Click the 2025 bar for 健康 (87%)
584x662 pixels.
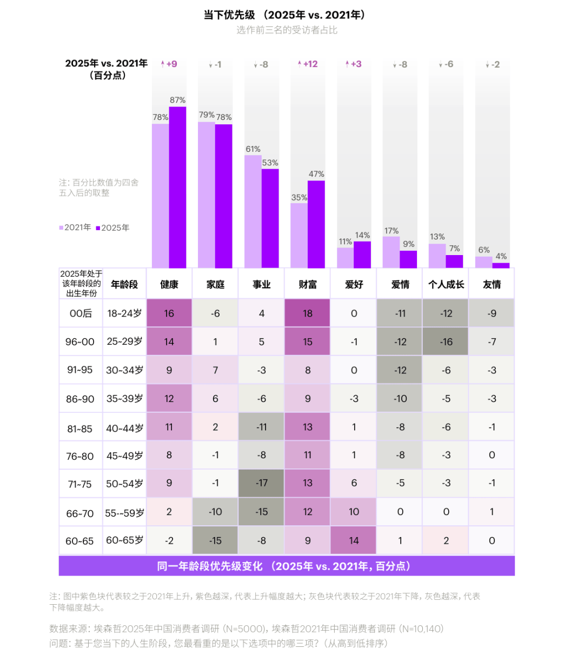click(177, 187)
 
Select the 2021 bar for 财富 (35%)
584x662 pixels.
click(299, 235)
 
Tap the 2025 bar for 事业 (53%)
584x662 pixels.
click(270, 218)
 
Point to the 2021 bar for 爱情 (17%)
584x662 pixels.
click(391, 252)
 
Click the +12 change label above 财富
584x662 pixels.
click(308, 64)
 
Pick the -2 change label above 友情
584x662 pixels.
click(493, 64)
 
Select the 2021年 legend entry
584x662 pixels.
click(75, 228)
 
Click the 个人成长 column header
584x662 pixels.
click(446, 284)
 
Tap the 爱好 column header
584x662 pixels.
click(354, 284)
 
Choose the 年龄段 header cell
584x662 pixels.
click(124, 284)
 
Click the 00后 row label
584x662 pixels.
click(81, 313)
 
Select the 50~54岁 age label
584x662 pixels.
click(124, 484)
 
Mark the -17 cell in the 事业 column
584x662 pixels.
click(262, 483)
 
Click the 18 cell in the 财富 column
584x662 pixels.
click(308, 313)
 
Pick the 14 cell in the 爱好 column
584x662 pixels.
click(354, 540)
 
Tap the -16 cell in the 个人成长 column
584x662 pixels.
click(446, 342)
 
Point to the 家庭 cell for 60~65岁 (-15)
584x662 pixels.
click(215, 540)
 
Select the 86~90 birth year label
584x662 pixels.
click(80, 399)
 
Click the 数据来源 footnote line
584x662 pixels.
click(247, 628)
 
